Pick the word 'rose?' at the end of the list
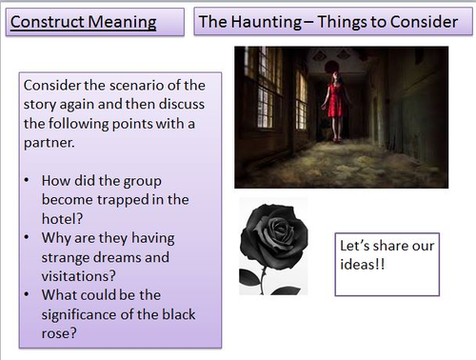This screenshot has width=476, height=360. point(63,332)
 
